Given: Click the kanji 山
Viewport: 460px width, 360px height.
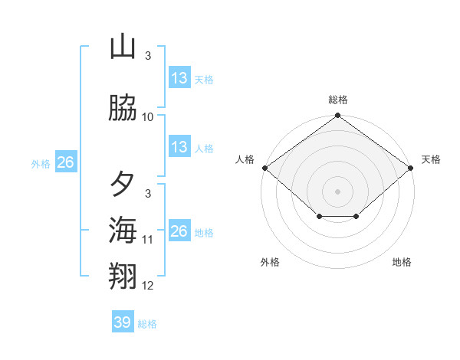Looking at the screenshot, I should pyautogui.click(x=123, y=47).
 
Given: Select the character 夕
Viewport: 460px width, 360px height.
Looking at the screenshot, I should pyautogui.click(x=123, y=185).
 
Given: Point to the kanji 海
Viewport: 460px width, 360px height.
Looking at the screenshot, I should pyautogui.click(x=123, y=230).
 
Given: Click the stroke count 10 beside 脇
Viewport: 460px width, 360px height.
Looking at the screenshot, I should pyautogui.click(x=148, y=117).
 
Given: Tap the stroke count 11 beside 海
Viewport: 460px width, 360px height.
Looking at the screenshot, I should pyautogui.click(x=148, y=240).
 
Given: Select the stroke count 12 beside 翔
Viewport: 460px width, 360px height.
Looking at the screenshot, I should pyautogui.click(x=148, y=286).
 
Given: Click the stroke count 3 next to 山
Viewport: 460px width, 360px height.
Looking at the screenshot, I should pyautogui.click(x=148, y=56).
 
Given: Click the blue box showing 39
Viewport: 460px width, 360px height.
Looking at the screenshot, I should pyautogui.click(x=123, y=322).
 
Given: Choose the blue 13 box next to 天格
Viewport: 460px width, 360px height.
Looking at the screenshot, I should pyautogui.click(x=179, y=77).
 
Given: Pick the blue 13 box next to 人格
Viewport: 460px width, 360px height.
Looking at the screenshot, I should pyautogui.click(x=179, y=147).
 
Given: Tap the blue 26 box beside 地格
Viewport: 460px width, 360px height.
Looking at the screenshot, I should pyautogui.click(x=179, y=231).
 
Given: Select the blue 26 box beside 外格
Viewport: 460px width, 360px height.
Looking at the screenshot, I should pyautogui.click(x=65, y=162).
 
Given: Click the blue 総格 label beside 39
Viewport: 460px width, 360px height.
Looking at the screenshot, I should pyautogui.click(x=147, y=324).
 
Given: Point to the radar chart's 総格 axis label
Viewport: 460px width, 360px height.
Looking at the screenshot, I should pyautogui.click(x=338, y=100).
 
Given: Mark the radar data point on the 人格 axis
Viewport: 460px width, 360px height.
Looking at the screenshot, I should pyautogui.click(x=264, y=168).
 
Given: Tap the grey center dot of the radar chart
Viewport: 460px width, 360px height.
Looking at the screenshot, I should pyautogui.click(x=338, y=191).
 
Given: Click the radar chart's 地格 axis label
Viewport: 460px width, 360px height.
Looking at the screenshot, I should pyautogui.click(x=402, y=262).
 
